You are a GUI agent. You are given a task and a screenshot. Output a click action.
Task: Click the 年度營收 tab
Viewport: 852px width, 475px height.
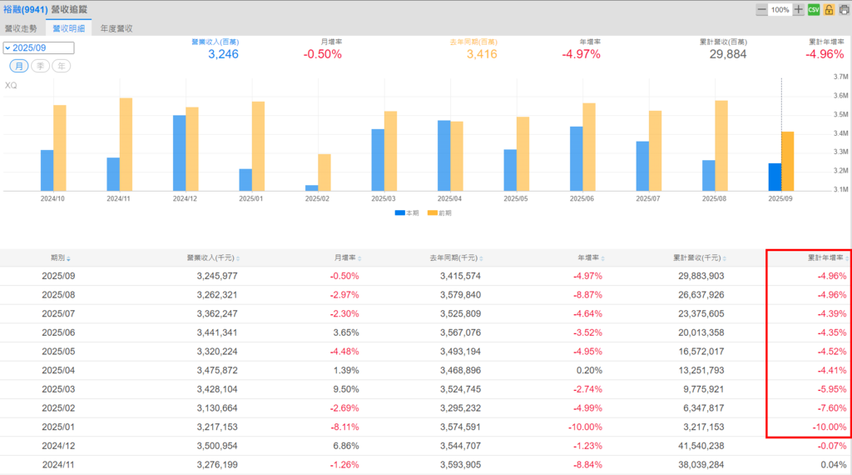[x=116, y=27]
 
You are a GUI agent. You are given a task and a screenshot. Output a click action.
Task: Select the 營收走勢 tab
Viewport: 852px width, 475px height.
[x=22, y=27]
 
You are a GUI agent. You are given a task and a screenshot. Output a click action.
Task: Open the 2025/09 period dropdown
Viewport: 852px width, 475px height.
[x=38, y=48]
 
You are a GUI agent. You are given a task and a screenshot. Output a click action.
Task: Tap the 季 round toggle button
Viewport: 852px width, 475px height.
[x=39, y=66]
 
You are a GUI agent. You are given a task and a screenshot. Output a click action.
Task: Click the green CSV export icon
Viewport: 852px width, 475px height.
[x=815, y=9]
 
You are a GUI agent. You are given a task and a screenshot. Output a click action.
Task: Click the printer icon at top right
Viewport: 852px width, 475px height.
[x=843, y=9]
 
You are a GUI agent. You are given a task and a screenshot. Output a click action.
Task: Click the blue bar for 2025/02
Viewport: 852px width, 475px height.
[x=311, y=187]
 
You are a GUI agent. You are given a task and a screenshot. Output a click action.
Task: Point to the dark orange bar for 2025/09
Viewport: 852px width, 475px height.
[x=787, y=161]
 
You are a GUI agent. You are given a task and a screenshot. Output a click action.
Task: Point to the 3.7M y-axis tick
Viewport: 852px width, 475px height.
[x=839, y=77]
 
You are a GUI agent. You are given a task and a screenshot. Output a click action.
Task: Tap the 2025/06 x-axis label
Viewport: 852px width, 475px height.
[x=582, y=199]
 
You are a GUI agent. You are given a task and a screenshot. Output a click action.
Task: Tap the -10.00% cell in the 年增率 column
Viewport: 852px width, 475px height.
[x=584, y=427]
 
